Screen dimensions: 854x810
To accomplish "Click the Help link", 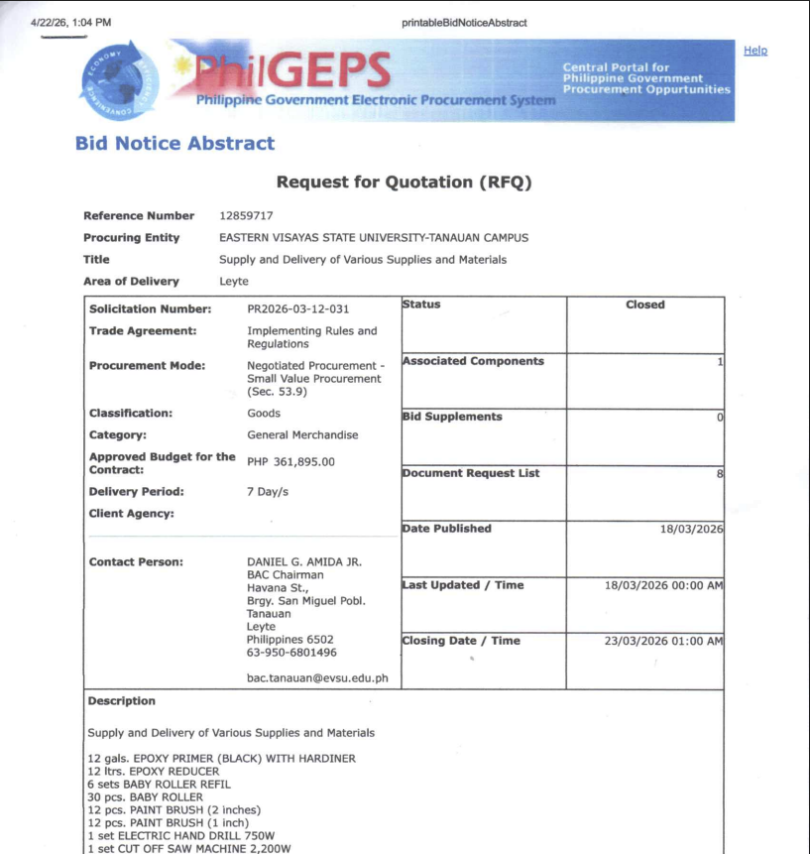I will point(755,51).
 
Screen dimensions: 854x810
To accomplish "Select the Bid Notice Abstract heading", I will point(174,144).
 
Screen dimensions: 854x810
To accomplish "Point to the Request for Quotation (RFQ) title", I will point(404,183).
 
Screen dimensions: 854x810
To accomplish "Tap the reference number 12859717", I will point(246,215).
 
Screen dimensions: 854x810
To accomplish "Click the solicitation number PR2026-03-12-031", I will point(297,309).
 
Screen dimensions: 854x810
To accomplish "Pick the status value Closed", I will point(644,305).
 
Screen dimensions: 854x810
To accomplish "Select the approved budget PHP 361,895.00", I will point(290,462).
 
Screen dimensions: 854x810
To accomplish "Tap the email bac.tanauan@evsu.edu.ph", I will point(316,679).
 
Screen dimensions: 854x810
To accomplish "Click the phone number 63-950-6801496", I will point(290,653).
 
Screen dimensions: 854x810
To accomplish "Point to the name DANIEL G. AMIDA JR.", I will point(303,562).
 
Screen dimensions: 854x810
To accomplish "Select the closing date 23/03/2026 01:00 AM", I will point(663,641).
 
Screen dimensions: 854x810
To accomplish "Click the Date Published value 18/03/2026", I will point(691,529).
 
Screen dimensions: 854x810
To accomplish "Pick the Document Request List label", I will point(471,473).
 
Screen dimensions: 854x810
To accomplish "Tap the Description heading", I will point(121,701).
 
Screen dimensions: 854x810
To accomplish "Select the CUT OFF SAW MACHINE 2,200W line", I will point(188,848).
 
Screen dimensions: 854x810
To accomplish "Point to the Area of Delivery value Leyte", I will point(234,282).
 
